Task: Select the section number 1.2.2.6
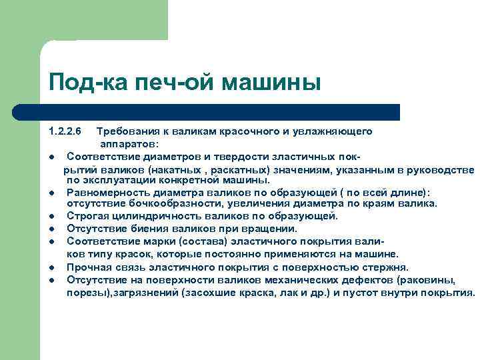pyautogui.click(x=65, y=132)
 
